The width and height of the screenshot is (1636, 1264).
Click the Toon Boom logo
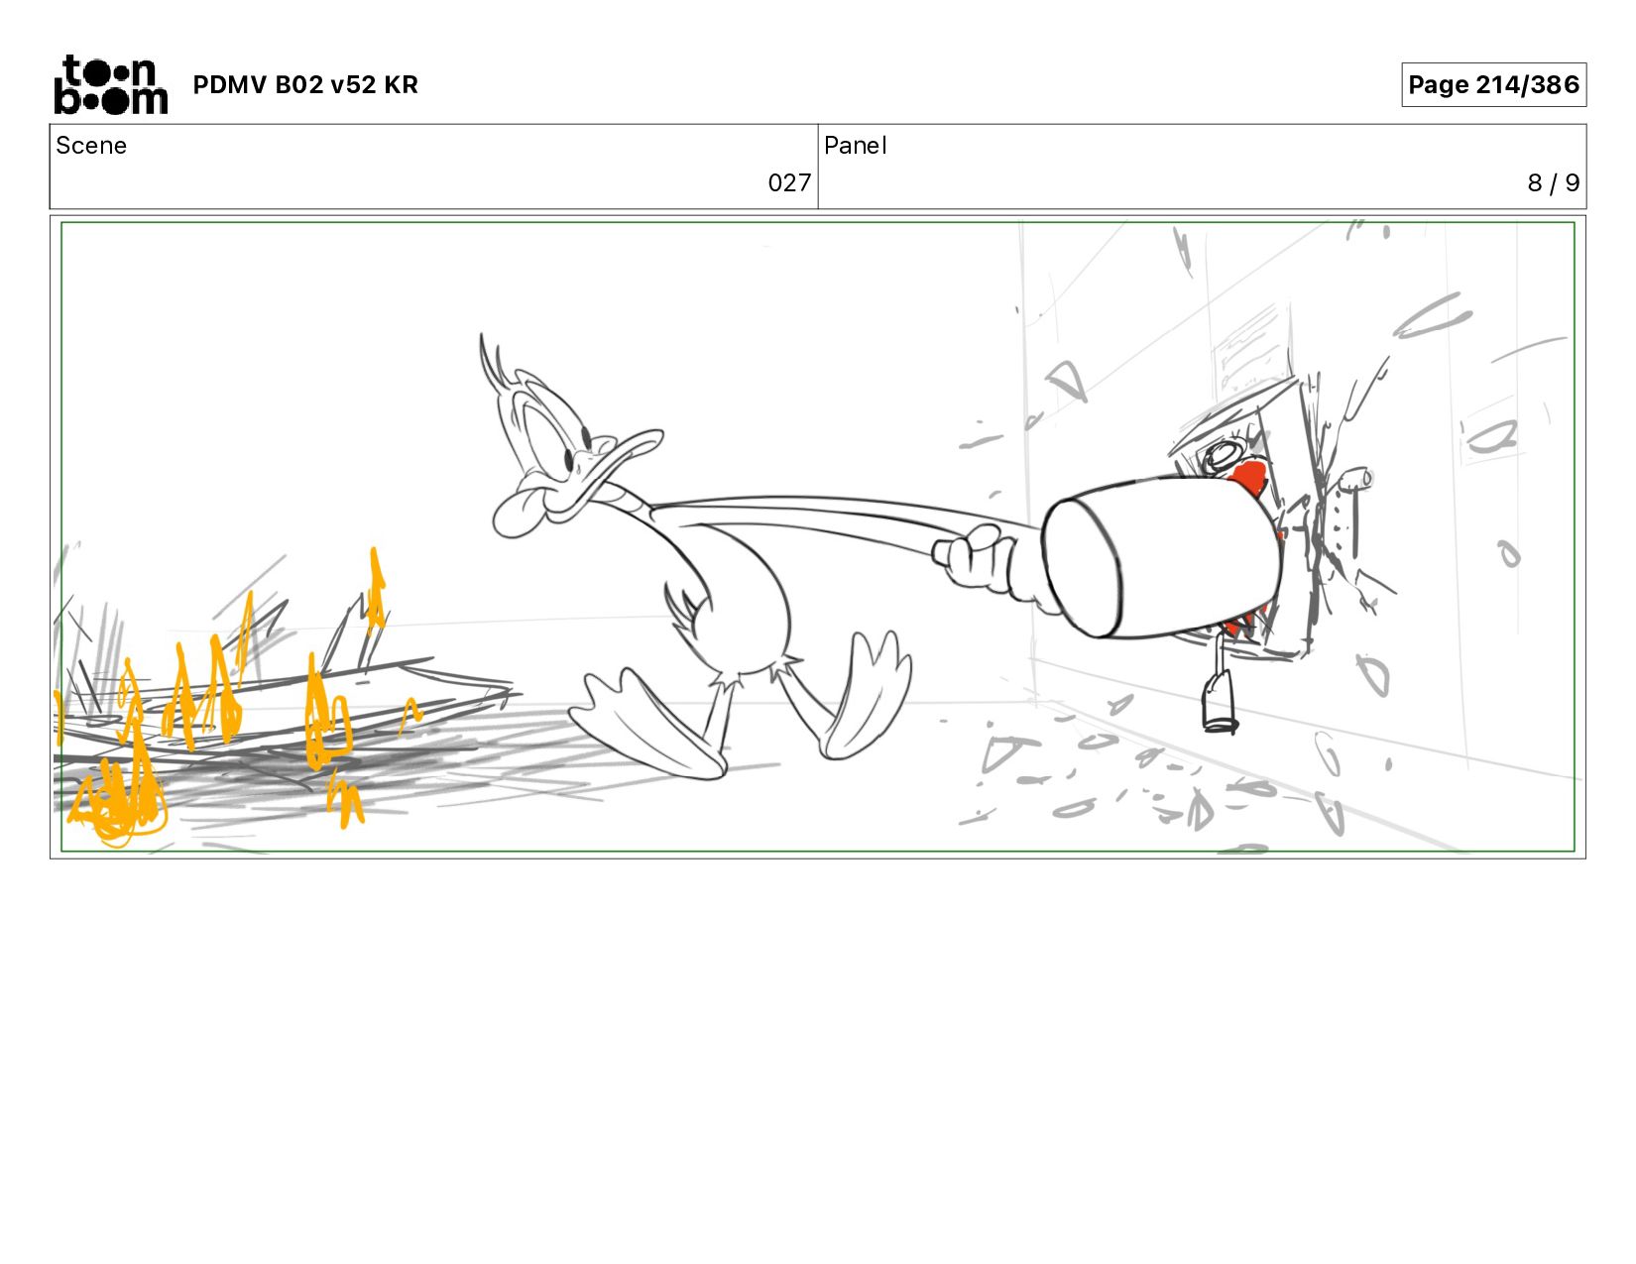[111, 84]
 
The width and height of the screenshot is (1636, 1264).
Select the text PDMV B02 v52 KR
[305, 84]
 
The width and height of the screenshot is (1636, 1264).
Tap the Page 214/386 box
[1493, 84]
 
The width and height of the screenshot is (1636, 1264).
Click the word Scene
[91, 146]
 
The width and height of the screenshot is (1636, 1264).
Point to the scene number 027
[789, 183]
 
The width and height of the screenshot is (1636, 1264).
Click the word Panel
[856, 146]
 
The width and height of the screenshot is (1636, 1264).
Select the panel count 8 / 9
[1553, 183]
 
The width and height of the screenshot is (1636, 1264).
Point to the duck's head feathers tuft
[494, 362]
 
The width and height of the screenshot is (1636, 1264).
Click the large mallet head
[1163, 557]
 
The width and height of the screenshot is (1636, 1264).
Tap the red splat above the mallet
[1249, 477]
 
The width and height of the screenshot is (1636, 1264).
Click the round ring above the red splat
[1225, 455]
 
